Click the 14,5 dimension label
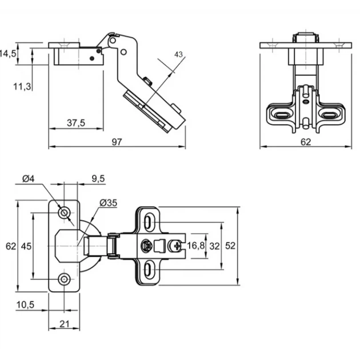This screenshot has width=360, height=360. click(8, 54)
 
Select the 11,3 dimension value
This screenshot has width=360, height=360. click(22, 87)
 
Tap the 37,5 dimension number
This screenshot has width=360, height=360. click(76, 123)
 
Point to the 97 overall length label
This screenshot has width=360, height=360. click(117, 142)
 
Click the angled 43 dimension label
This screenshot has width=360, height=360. click(178, 55)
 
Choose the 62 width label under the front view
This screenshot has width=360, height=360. click(306, 142)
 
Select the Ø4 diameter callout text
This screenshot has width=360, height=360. click(29, 179)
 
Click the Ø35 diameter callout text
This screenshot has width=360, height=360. click(109, 203)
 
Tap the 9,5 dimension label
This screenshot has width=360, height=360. click(98, 179)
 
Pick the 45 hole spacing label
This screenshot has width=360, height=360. click(26, 246)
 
